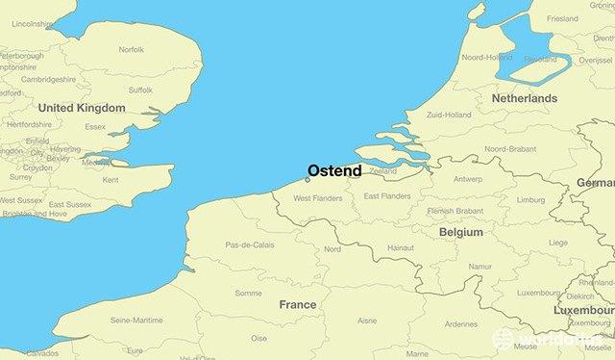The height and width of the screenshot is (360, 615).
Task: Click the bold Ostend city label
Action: pyautogui.click(x=335, y=170)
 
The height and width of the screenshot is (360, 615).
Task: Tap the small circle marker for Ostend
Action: pyautogui.click(x=307, y=180)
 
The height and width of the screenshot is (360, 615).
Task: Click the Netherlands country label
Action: pyautogui.click(x=524, y=99)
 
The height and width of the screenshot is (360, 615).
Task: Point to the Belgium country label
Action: pyautogui.click(x=460, y=233)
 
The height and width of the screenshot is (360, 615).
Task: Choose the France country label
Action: pyautogui.click(x=297, y=304)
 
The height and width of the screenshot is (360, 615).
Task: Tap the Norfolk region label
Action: pyautogui.click(x=132, y=49)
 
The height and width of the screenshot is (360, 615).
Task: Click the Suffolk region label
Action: pyautogui.click(x=140, y=90)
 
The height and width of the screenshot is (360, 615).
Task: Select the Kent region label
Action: pyautogui.click(x=111, y=180)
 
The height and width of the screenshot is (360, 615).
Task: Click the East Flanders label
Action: pyautogui.click(x=387, y=196)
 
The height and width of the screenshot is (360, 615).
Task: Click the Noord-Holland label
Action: pyautogui.click(x=487, y=58)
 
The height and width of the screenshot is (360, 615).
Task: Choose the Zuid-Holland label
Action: pyautogui.click(x=449, y=115)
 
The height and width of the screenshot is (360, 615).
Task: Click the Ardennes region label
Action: pyautogui.click(x=461, y=323)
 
